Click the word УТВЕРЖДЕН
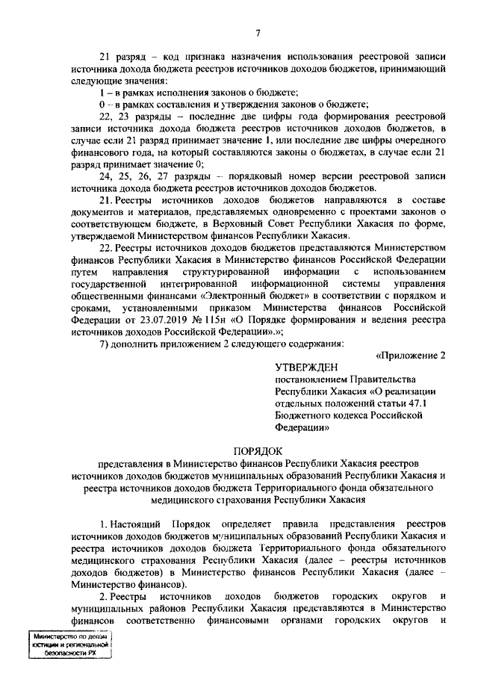(306, 368)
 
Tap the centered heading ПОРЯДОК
(256, 452)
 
